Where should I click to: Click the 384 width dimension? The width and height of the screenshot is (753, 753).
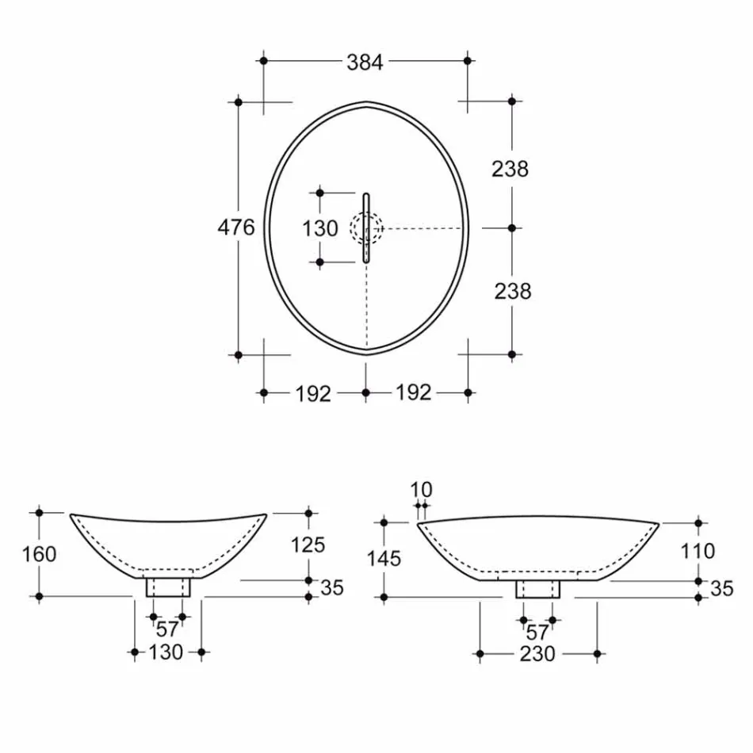click(365, 63)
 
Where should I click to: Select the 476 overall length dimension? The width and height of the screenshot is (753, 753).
click(236, 227)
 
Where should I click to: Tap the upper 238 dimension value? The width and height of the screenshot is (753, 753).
click(510, 169)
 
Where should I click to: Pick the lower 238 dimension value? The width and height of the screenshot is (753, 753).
click(513, 291)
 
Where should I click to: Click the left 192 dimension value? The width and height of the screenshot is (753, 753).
click(313, 393)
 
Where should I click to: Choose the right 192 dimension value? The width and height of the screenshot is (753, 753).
click(413, 392)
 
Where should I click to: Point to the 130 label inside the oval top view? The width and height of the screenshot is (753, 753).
click(320, 228)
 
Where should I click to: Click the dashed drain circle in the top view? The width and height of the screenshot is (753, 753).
click(366, 228)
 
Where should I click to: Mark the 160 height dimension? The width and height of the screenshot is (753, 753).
click(39, 554)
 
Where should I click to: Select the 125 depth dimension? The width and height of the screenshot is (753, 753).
click(308, 545)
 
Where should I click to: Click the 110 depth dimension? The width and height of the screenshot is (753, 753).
click(698, 550)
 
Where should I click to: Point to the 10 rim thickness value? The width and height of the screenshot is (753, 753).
click(422, 487)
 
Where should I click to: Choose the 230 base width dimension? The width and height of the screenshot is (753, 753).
click(537, 654)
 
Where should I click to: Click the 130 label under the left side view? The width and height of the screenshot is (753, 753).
click(166, 652)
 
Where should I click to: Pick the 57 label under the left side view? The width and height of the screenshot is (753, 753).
click(167, 631)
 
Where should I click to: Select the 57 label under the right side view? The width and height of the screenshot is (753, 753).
click(537, 633)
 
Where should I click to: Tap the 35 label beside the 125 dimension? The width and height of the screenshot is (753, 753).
click(331, 587)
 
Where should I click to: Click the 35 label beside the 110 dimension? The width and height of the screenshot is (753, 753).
click(720, 589)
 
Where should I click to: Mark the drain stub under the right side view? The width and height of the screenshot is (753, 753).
click(538, 589)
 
